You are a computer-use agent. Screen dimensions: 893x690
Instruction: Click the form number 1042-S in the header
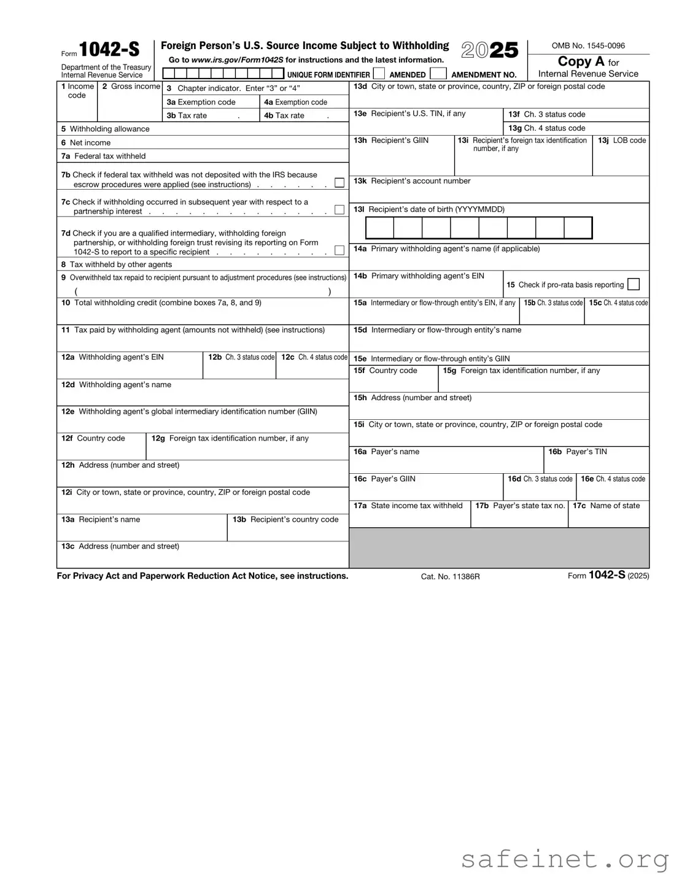coord(109,49)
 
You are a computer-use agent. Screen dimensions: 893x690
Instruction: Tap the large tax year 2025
coord(489,50)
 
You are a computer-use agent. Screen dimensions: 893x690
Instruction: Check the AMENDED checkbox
coord(379,74)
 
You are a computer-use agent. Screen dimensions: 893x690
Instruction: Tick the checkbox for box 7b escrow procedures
coord(339,183)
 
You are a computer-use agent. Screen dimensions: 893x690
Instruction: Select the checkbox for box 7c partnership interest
coord(339,210)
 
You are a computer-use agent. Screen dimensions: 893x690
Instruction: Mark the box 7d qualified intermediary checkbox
coord(339,250)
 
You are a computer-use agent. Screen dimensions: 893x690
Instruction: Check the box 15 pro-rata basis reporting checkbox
coord(634,284)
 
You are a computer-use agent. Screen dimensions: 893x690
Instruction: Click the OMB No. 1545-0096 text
coord(588,45)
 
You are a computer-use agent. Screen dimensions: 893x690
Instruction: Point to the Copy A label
coord(581,61)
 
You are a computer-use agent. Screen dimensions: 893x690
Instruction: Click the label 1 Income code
coord(78,90)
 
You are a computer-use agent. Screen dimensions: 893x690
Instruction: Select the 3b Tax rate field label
coord(187,115)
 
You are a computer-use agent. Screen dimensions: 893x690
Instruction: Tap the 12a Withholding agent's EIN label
coord(113,357)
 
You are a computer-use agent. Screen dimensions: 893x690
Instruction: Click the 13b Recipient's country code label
coord(285,519)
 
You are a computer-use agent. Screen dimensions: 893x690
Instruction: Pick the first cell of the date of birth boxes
coord(379,228)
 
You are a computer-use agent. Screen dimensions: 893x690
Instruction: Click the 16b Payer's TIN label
coord(578,452)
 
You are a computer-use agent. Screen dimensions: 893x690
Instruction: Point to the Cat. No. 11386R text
coord(450,577)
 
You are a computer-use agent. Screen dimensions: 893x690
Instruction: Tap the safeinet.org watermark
coord(565,860)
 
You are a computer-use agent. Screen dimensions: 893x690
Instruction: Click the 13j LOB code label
coord(622,141)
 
